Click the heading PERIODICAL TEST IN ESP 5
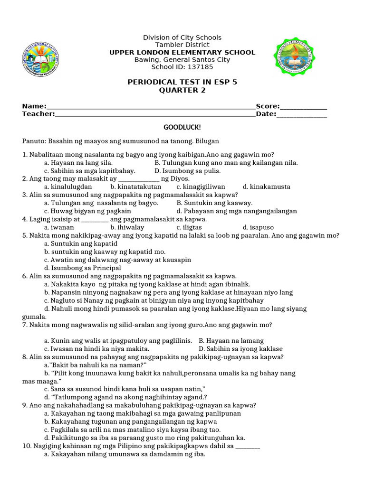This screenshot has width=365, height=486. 182,82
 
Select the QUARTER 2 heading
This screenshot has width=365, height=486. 182,90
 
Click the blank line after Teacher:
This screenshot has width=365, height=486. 155,114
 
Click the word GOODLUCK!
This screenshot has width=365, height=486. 182,127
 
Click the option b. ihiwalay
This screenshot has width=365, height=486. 127,227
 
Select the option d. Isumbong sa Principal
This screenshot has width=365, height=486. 83,268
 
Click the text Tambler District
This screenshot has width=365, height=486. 182,45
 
